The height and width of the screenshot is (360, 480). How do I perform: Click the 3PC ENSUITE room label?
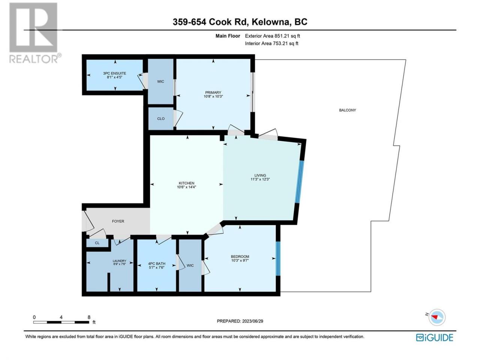[x=115, y=73]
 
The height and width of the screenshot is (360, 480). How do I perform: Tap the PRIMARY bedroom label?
[x=213, y=93]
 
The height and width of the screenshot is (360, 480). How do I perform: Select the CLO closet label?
[x=161, y=119]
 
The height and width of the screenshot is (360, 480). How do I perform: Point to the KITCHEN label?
[x=186, y=183]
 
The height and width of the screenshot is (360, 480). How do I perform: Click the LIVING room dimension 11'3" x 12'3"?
[x=260, y=179]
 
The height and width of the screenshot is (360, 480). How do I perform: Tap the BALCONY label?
[x=348, y=110]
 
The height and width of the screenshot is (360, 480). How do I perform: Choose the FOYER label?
[x=118, y=221]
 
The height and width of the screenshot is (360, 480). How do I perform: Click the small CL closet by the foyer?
[x=97, y=243]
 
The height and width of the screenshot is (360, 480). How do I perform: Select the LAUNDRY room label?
[x=119, y=261]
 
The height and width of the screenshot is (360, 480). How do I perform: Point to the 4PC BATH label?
[x=157, y=264]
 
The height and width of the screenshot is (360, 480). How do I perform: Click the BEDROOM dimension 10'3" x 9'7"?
[x=240, y=260]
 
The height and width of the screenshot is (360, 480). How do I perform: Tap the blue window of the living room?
[x=299, y=182]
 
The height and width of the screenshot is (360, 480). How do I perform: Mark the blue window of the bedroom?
[x=278, y=258]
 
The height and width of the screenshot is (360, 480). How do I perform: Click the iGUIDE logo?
[x=434, y=338]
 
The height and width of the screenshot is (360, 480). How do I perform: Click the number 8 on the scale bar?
[x=89, y=317]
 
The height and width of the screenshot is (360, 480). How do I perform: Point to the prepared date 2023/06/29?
[x=252, y=321]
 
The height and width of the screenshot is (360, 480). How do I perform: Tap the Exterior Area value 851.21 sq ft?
[x=287, y=36]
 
